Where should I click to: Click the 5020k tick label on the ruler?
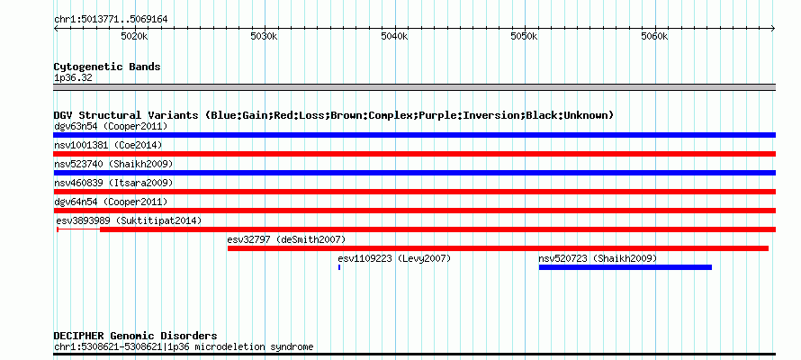134,37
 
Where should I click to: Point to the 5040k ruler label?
395,37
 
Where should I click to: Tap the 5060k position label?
654,37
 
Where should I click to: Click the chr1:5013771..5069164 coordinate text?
111,20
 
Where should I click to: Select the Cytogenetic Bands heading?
107,67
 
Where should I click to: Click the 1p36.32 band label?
73,78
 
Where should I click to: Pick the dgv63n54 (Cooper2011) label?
111,126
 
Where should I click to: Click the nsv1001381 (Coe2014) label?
108,145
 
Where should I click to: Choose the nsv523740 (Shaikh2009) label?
113,164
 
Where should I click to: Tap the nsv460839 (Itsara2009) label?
113,183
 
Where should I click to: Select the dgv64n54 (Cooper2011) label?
111,202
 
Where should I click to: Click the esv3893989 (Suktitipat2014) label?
130,220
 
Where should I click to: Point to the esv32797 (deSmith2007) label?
286,239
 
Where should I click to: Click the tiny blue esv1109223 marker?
339,267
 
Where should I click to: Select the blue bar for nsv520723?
625,267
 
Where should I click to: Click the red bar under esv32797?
498,248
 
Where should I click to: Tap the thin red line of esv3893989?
78,229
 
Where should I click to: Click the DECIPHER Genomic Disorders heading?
135,336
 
